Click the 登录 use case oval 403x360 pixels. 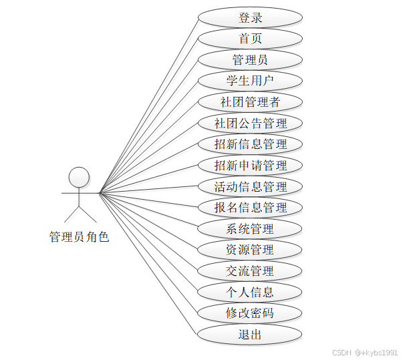tap(250, 17)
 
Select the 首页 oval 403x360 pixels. tap(250, 39)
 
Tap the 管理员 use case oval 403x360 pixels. tap(250, 59)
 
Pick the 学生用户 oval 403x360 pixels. tap(250, 81)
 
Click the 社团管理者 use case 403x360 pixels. tap(250, 102)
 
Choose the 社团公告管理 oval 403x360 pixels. tap(250, 123)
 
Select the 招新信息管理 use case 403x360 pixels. tap(250, 144)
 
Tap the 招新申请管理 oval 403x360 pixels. tap(250, 165)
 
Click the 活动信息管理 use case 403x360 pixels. tap(250, 186)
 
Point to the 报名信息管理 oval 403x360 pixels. tap(250, 208)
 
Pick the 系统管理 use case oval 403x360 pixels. tap(250, 229)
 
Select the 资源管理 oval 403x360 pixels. tap(250, 250)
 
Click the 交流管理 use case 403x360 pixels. tap(250, 271)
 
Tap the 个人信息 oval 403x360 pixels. tap(250, 292)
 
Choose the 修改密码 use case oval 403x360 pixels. tap(250, 313)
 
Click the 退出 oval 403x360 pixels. tap(250, 334)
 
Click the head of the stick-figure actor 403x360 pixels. tap(80, 176)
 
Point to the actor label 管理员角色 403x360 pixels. tap(79, 236)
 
